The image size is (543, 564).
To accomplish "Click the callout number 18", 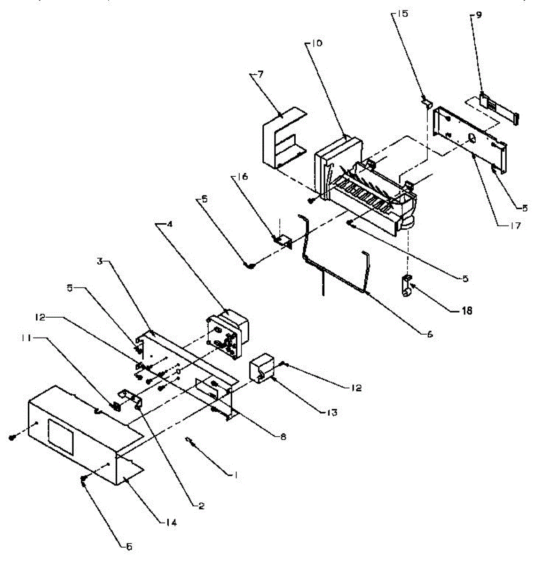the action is click(x=467, y=311).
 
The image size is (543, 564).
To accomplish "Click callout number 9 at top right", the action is click(x=478, y=15).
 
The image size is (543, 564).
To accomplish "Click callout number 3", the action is click(x=100, y=261).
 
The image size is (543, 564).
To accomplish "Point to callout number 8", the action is click(x=282, y=437).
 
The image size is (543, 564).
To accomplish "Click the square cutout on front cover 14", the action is click(x=61, y=437).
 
